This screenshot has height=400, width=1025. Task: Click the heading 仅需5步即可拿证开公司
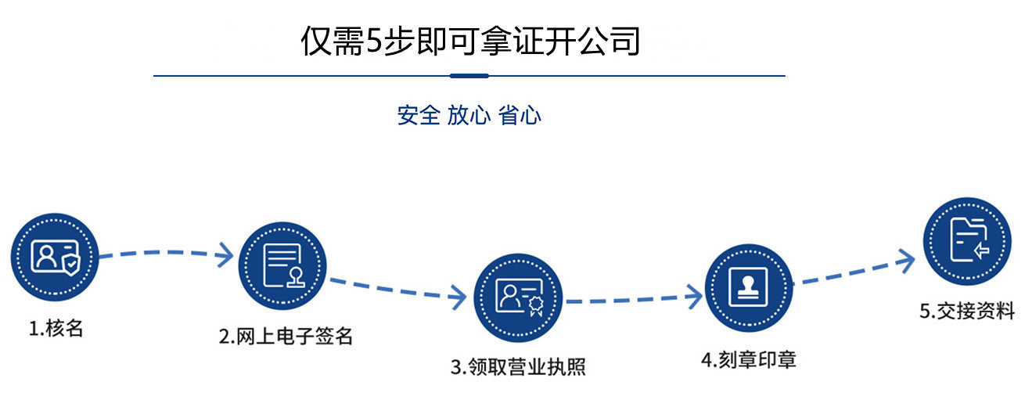tap(469, 41)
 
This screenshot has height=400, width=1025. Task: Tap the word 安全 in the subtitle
tap(419, 116)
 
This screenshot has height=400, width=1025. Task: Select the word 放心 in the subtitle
tap(469, 116)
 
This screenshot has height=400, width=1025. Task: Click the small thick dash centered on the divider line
tap(469, 76)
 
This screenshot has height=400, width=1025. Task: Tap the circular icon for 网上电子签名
tap(282, 265)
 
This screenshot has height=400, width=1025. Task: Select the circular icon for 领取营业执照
tap(518, 297)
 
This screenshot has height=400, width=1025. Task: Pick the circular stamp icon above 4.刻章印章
tap(749, 287)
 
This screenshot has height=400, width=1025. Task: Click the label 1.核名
tap(56, 329)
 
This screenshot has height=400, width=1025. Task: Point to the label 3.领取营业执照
tap(518, 366)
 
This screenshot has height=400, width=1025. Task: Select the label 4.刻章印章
tap(749, 360)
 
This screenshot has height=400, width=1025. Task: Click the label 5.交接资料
tap(967, 311)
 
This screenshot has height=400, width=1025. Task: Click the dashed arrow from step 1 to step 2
tap(166, 254)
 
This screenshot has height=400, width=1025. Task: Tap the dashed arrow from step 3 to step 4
tap(634, 297)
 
